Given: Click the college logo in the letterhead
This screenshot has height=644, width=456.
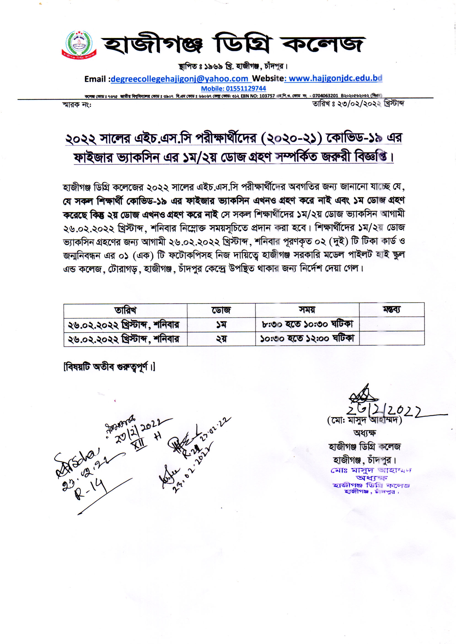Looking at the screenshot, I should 79,45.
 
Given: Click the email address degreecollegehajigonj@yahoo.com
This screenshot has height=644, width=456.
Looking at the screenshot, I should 179,79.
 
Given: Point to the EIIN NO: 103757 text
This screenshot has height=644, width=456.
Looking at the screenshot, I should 257,96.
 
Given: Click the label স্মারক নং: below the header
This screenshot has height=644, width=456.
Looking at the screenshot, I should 77,105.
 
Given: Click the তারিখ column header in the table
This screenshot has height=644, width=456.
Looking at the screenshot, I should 125,310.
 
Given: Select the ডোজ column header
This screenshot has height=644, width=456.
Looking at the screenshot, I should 221,310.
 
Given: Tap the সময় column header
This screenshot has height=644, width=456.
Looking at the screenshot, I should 307,310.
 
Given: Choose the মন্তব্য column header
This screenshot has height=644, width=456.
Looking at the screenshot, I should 392,309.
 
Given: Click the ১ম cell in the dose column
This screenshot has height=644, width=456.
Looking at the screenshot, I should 221,324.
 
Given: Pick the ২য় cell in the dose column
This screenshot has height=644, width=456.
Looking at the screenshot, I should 221,339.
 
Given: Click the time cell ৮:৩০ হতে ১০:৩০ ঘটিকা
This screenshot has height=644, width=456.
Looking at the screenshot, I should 307,324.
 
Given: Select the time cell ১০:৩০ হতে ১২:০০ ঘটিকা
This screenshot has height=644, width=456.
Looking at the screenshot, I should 307,338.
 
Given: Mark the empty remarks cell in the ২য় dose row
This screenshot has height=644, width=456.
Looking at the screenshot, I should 392,338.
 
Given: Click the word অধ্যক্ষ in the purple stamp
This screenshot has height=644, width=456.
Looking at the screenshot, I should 371,478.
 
